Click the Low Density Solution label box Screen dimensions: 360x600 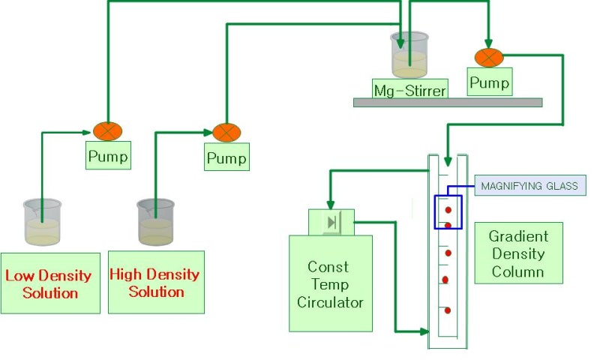pyautogui.click(x=50, y=283)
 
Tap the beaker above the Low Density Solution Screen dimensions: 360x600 pyautogui.click(x=42, y=222)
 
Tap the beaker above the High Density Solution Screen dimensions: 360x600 pyautogui.click(x=155, y=222)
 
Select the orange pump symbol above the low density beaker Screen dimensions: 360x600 pyautogui.click(x=107, y=131)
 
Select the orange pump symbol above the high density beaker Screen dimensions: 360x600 pyautogui.click(x=226, y=133)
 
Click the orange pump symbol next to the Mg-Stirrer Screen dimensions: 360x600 pyautogui.click(x=489, y=57)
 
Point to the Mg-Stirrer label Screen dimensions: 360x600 pyautogui.click(x=410, y=90)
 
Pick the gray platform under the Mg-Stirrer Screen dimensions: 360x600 pyautogui.click(x=448, y=103)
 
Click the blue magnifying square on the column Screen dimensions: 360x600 pyautogui.click(x=448, y=212)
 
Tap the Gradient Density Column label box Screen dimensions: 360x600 pyautogui.click(x=518, y=253)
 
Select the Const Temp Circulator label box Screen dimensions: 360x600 pyautogui.click(x=331, y=283)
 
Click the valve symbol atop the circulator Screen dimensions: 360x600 pyautogui.click(x=331, y=222)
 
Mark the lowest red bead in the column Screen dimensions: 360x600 pyautogui.click(x=448, y=310)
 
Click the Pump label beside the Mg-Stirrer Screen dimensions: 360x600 pyautogui.click(x=489, y=82)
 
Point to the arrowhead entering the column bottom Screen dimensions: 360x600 pyautogui.click(x=424, y=331)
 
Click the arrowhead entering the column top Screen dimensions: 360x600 pyautogui.click(x=448, y=160)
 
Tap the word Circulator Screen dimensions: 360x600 pyautogui.click(x=331, y=303)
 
